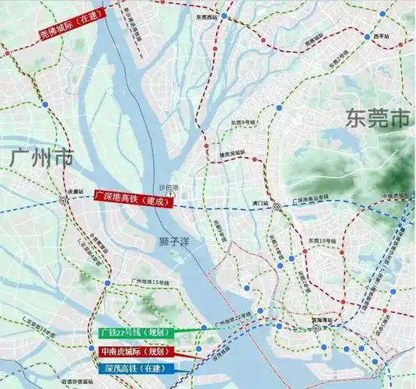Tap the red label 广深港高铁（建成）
pyautogui.click(x=131, y=198)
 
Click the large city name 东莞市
pyautogui.click(x=376, y=119)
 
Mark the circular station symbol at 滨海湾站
pyautogui.click(x=317, y=329)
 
